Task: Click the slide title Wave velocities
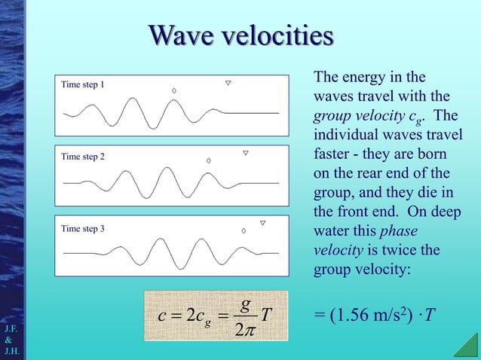click(x=240, y=35)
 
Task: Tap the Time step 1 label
click(x=82, y=84)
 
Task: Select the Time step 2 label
click(x=82, y=157)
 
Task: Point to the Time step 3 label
click(x=82, y=229)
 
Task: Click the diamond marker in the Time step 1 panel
click(x=174, y=90)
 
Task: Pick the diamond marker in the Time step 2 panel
click(x=209, y=160)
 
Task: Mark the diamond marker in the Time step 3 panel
click(x=244, y=231)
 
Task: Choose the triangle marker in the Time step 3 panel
click(x=262, y=223)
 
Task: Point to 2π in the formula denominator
click(x=246, y=331)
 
